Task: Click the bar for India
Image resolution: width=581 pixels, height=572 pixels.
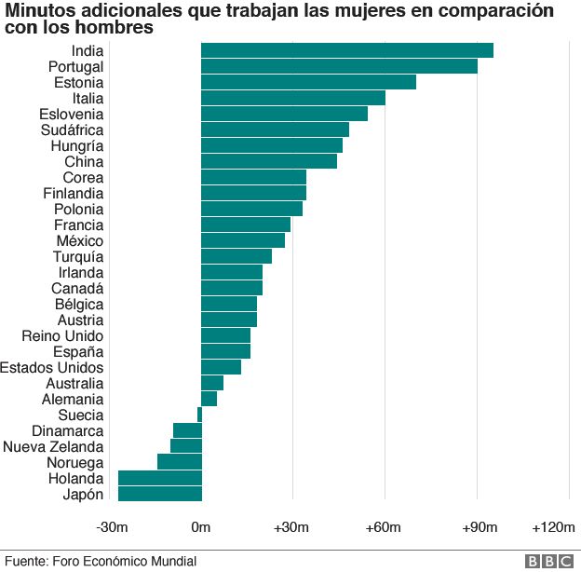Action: (347, 50)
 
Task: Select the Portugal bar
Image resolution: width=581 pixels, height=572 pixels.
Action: (340, 66)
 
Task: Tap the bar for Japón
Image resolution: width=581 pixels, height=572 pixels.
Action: (160, 494)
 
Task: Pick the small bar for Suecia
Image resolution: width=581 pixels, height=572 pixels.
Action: (199, 415)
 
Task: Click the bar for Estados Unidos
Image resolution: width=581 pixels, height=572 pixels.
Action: (222, 367)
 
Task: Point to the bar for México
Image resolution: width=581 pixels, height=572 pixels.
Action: (243, 240)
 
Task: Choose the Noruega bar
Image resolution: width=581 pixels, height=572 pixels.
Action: (180, 462)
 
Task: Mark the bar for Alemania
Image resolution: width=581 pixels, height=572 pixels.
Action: (209, 399)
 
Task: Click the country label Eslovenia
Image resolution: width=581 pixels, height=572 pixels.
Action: (72, 115)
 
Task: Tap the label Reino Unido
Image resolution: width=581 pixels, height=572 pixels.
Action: (62, 336)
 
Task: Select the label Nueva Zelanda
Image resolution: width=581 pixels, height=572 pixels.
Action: (53, 447)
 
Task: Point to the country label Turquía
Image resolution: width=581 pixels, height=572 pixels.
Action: (78, 257)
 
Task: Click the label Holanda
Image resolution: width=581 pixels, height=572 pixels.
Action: (76, 479)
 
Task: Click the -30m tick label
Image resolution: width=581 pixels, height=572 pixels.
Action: (112, 527)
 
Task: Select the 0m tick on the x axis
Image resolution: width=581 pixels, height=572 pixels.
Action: (201, 527)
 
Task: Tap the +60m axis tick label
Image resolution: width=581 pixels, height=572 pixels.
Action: (383, 527)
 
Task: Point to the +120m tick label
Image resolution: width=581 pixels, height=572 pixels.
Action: (554, 527)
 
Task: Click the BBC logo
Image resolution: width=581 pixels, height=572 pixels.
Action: (549, 561)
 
